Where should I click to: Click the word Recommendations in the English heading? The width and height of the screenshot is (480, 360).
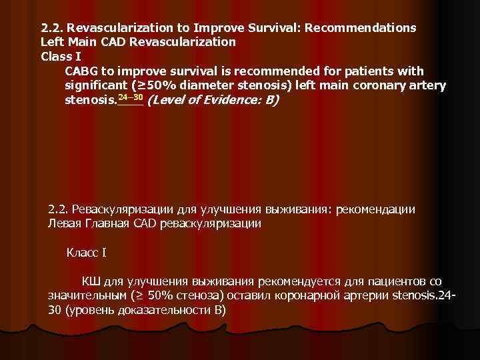pyautogui.click(x=364, y=29)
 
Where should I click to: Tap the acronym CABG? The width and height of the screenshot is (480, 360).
pyautogui.click(x=81, y=71)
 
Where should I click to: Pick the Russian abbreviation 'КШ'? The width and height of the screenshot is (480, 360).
pyautogui.click(x=90, y=281)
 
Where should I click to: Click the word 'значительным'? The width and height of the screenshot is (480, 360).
pyautogui.click(x=85, y=296)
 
